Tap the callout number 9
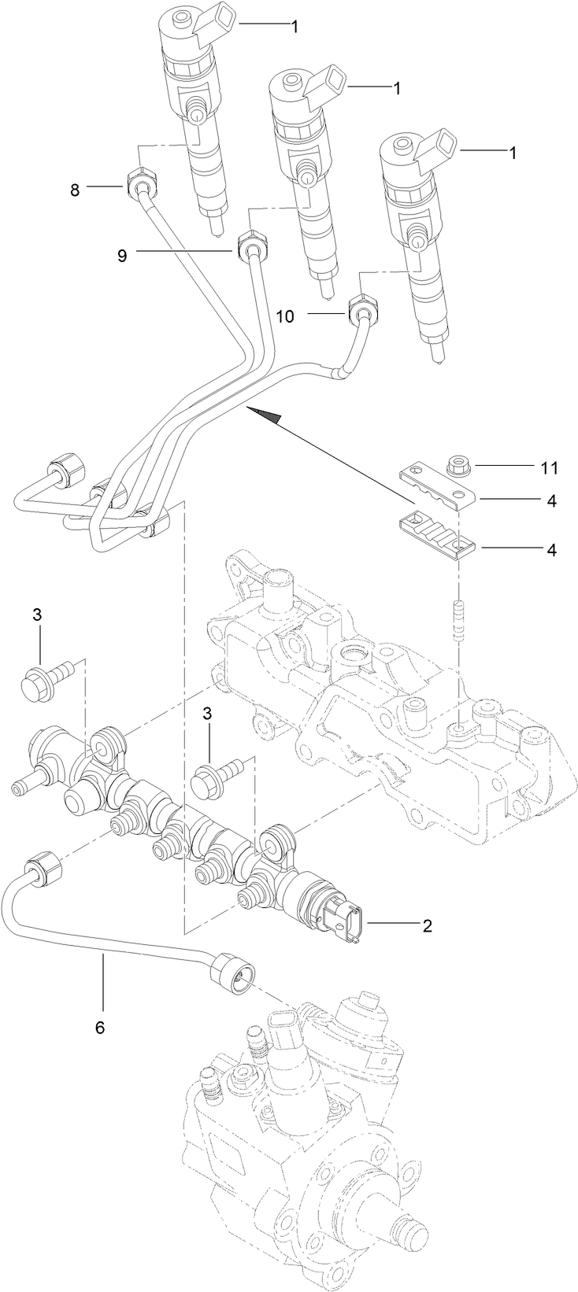(x=122, y=255)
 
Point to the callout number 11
(x=549, y=468)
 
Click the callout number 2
(x=427, y=925)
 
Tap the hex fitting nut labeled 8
(x=139, y=182)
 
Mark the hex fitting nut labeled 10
(x=361, y=308)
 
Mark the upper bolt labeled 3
(x=46, y=677)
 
